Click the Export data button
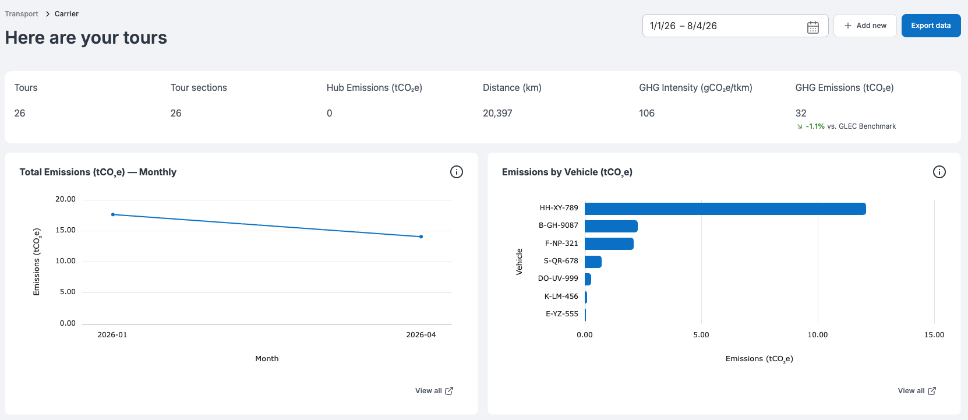(x=931, y=26)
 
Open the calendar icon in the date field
(x=812, y=27)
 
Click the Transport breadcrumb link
(x=22, y=14)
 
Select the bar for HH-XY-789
(x=725, y=209)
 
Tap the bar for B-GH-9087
(x=611, y=226)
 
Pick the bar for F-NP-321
(x=609, y=243)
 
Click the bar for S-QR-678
(x=593, y=262)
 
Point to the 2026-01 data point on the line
(x=113, y=214)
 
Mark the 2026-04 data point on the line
(x=421, y=237)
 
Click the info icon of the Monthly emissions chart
(x=457, y=172)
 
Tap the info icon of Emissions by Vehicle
(x=939, y=172)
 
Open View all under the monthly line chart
(x=434, y=391)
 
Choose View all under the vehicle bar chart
(x=917, y=391)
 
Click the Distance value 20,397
(x=497, y=113)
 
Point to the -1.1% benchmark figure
(x=815, y=126)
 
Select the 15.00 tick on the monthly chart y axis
(x=65, y=230)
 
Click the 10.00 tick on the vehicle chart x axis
(x=818, y=334)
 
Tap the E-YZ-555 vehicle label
(x=562, y=314)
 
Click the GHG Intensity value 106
(x=647, y=113)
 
